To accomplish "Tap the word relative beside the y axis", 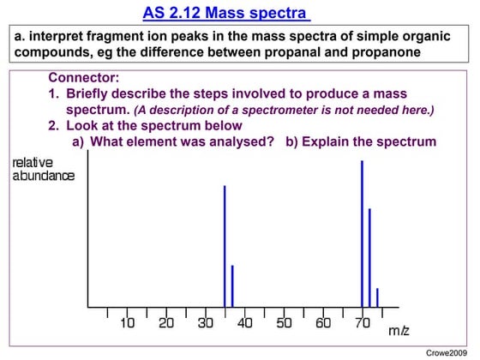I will (33, 163).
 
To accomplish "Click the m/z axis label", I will (399, 330).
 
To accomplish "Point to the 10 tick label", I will (128, 323).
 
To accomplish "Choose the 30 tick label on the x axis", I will (206, 323).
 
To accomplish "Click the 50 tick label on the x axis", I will (284, 323).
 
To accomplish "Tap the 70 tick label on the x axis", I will (362, 323).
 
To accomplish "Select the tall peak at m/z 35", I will (225, 249).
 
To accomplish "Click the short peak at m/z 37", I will (232, 287).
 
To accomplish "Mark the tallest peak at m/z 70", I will (362, 236).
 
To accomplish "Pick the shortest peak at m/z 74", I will (377, 298).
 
